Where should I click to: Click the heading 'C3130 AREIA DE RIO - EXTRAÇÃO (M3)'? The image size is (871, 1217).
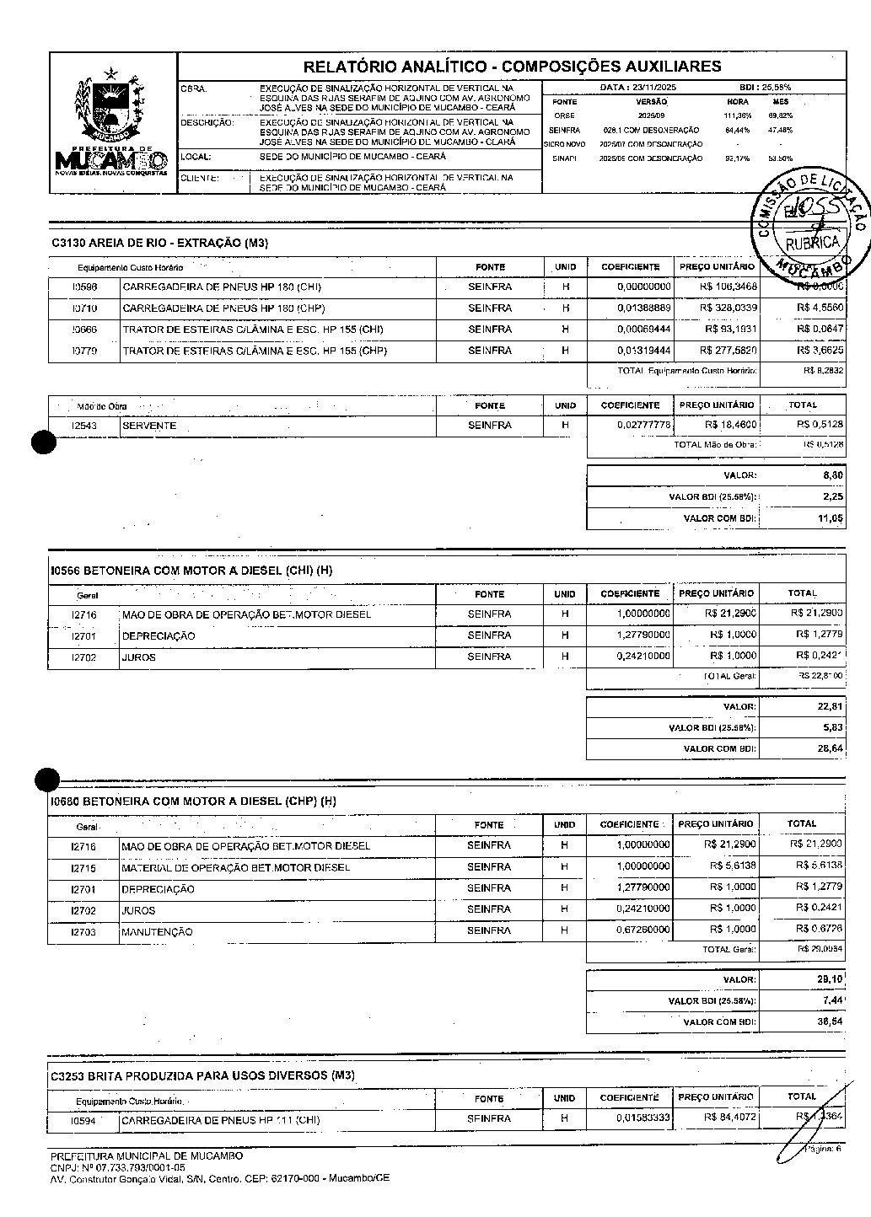(x=159, y=244)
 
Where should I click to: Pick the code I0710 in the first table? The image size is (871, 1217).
(x=84, y=308)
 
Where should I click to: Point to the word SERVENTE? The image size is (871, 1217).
(x=150, y=426)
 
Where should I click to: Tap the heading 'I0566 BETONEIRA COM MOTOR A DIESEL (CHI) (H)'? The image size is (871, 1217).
(x=191, y=571)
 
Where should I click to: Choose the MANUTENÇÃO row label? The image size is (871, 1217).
(x=158, y=932)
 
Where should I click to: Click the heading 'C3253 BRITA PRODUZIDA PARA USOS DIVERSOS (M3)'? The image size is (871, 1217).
(x=202, y=1076)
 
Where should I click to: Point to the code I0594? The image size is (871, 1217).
(x=84, y=1121)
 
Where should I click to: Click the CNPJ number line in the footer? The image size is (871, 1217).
(x=117, y=1167)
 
